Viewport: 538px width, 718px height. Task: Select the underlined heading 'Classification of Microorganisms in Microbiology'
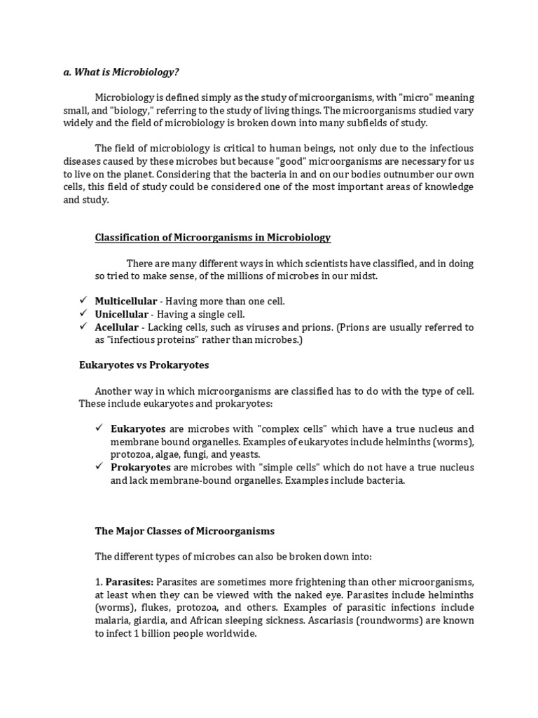[x=212, y=238]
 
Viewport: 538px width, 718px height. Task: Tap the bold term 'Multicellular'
[x=126, y=301]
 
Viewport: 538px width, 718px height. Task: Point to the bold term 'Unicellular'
[x=122, y=314]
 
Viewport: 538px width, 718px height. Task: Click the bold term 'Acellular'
[x=117, y=327]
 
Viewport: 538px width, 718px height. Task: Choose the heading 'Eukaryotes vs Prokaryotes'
[x=151, y=365]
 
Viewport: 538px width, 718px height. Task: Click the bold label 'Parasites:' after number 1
[x=130, y=581]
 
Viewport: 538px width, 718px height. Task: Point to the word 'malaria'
[x=112, y=621]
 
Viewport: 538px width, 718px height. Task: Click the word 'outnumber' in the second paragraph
[x=385, y=174]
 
